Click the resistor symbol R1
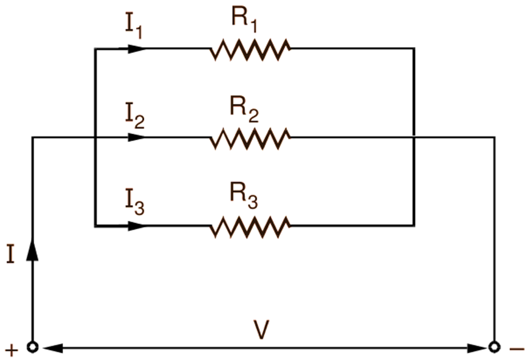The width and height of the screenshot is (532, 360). pos(250,49)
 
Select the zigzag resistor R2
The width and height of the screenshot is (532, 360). pos(250,138)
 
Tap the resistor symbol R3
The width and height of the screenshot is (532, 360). pos(250,226)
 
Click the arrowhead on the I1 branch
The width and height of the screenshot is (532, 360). pos(136,49)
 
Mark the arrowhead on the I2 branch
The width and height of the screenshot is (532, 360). pos(136,138)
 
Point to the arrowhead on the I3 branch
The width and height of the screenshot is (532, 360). pos(136,226)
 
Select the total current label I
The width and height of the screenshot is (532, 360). pos(10,253)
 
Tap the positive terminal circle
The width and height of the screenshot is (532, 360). pos(33,347)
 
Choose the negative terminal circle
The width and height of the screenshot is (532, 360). pos(493,347)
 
